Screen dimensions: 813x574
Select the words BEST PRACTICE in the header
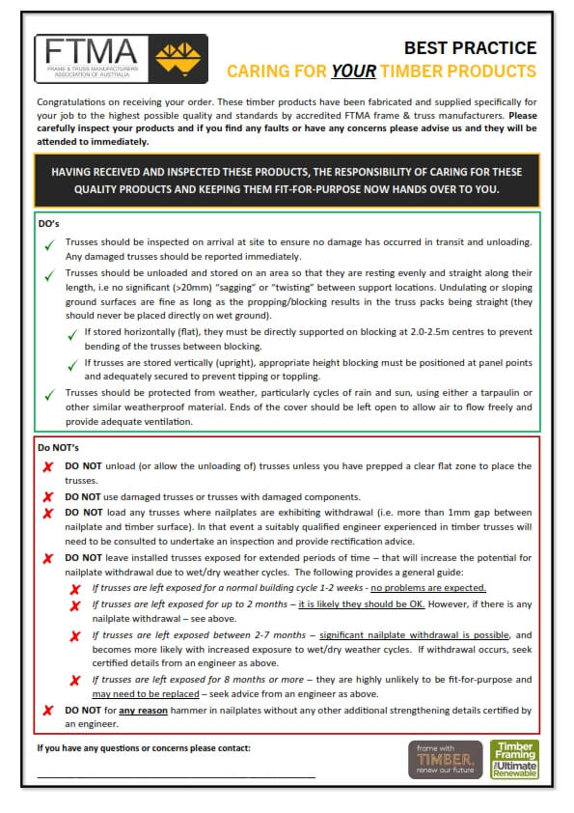pyautogui.click(x=470, y=48)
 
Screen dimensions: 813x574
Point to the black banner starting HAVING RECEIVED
pyautogui.click(x=287, y=181)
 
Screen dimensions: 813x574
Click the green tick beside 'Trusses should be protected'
pyautogui.click(x=47, y=394)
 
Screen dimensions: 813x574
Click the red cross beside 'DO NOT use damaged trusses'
pyautogui.click(x=47, y=496)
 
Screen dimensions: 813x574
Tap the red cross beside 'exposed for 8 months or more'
pyautogui.click(x=74, y=681)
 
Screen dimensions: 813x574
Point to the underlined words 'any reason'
pyautogui.click(x=146, y=710)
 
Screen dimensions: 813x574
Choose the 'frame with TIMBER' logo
pyautogui.click(x=445, y=759)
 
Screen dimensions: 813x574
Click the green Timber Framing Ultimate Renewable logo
pyautogui.click(x=513, y=759)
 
